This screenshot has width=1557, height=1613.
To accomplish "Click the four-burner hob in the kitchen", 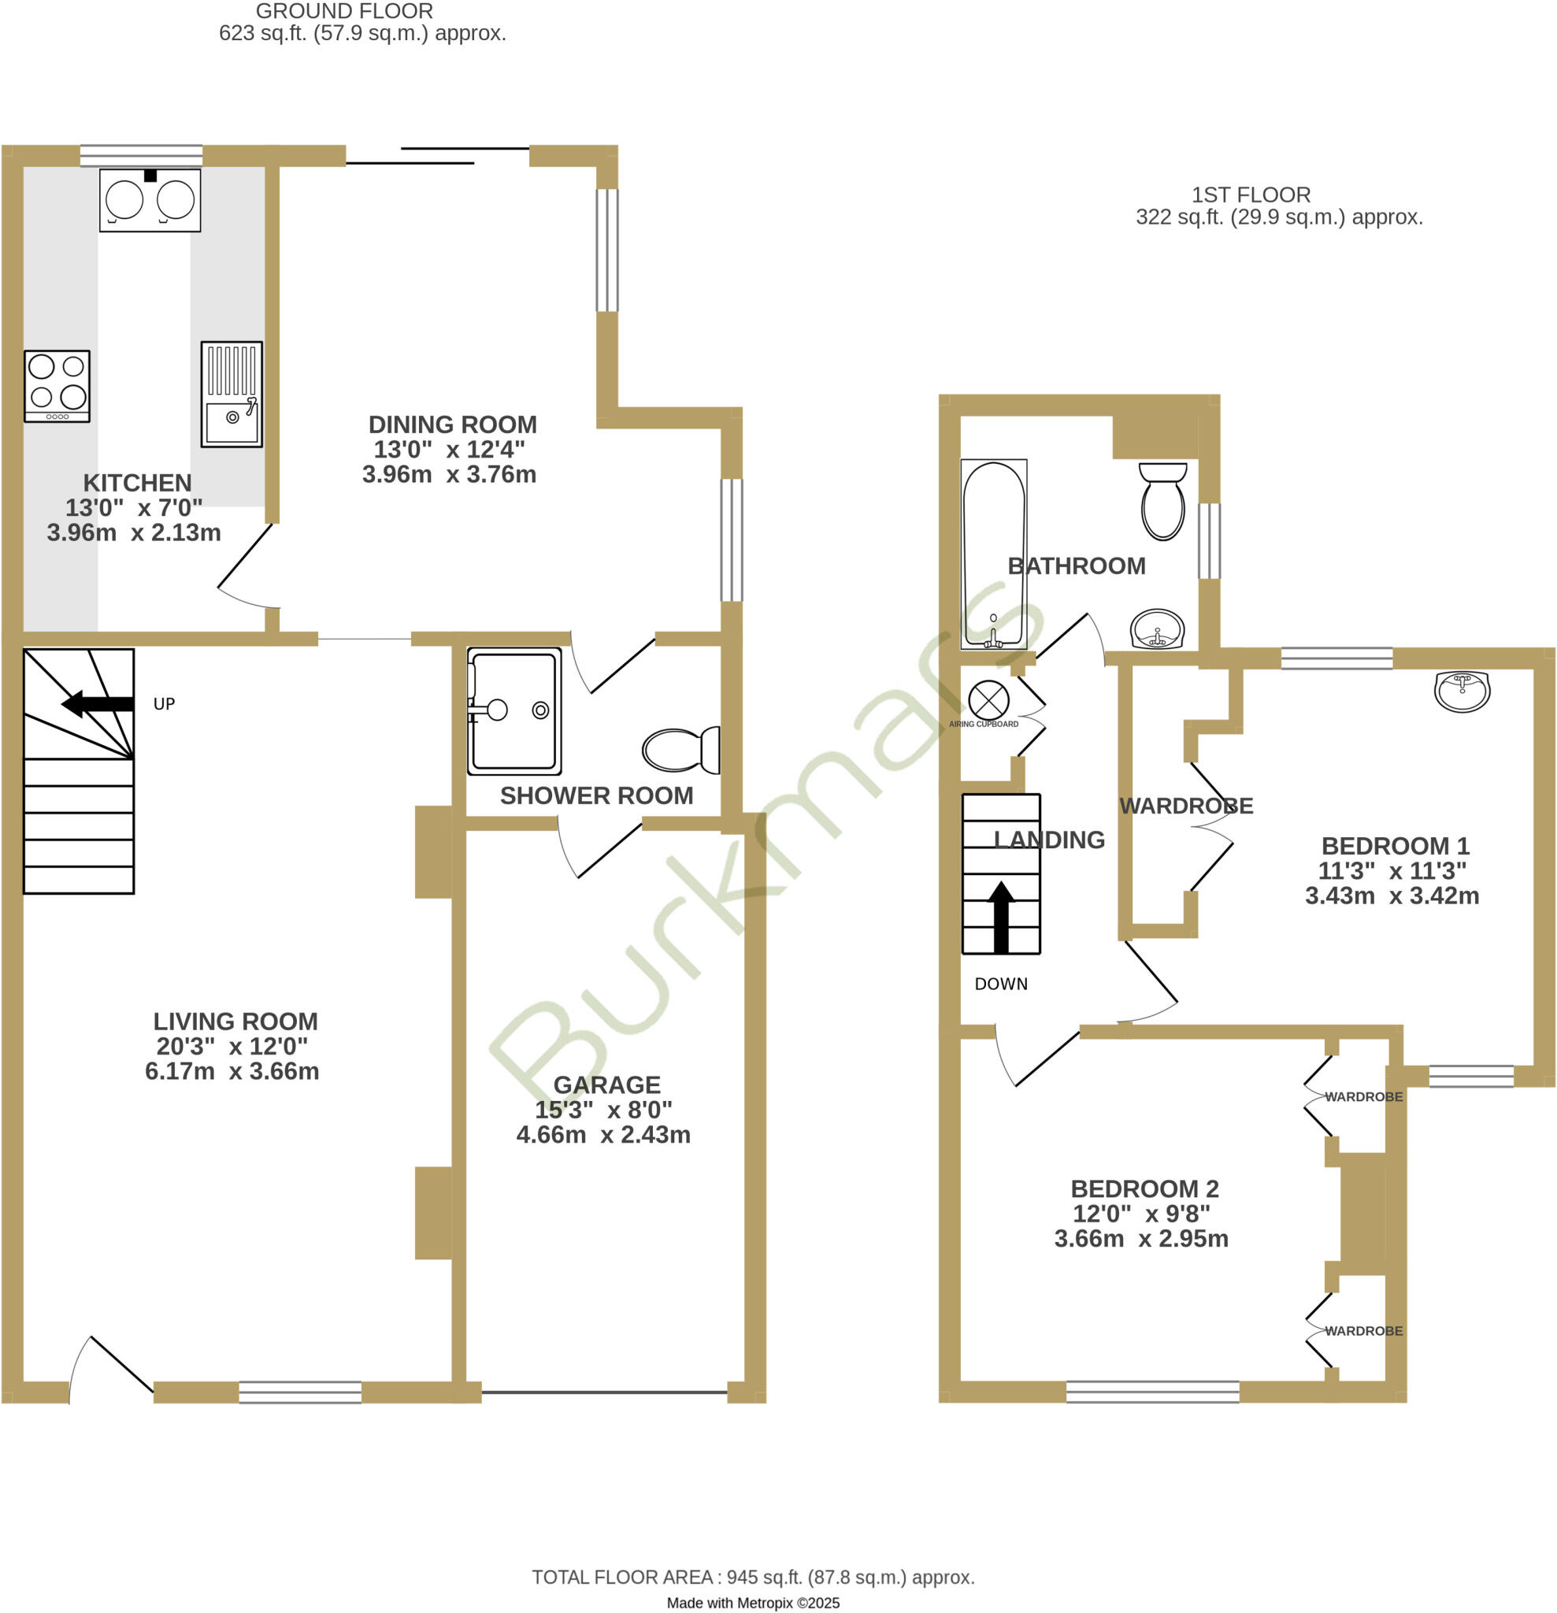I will point(57,386).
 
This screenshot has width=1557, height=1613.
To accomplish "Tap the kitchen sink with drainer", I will point(232,395).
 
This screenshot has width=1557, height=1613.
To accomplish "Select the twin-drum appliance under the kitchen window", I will point(150,200).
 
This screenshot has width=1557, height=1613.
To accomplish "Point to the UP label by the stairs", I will point(164,703).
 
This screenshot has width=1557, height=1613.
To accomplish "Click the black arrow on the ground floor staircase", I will point(97,703).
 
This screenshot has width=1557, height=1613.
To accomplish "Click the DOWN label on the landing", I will point(1001,984).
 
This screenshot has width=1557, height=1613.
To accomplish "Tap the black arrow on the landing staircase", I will point(1001,918).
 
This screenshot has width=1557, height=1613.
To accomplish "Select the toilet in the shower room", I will point(681,750).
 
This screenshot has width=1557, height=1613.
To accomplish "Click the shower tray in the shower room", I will point(514,711).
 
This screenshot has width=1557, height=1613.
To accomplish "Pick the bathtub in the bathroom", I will point(993,554).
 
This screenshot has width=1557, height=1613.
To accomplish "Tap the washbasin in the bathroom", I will point(1157,630).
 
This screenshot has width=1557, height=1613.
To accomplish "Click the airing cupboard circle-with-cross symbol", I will point(988,700).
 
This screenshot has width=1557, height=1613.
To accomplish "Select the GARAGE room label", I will point(606,1085).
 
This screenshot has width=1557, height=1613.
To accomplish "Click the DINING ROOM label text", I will point(452,425).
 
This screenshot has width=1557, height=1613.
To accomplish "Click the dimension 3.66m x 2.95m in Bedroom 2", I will point(1140,1239).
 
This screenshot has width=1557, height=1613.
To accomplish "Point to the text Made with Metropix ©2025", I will point(753,1603).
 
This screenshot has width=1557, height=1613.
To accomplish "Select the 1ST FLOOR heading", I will point(1251,195).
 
